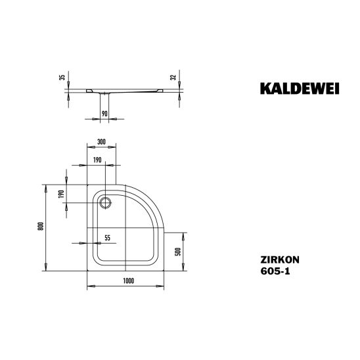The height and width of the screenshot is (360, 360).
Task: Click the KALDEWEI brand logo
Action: [x=300, y=89]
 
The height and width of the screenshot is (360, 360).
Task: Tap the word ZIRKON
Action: [x=280, y=259]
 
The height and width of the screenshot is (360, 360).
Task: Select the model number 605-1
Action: [x=275, y=271]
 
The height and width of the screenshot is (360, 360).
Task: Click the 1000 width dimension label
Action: [x=129, y=281]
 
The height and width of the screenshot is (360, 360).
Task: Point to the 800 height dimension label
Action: [x=41, y=227]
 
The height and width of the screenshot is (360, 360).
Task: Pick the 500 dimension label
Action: [x=178, y=252]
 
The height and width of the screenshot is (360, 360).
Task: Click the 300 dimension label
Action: [x=101, y=142]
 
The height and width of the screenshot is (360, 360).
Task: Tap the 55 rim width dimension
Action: [x=108, y=238]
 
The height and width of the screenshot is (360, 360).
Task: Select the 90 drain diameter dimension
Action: [x=104, y=114]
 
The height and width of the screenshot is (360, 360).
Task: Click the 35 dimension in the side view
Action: [x=62, y=78]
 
